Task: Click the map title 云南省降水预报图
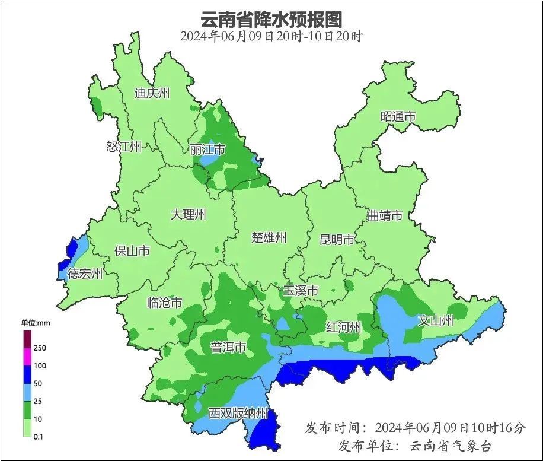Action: click(271, 19)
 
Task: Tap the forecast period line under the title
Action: click(271, 36)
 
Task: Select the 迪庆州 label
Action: click(152, 93)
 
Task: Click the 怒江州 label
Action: click(124, 147)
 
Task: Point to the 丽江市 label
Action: click(207, 150)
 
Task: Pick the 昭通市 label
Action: click(398, 117)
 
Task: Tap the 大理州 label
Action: click(188, 214)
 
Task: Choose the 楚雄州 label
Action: click(269, 238)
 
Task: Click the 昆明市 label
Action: click(337, 240)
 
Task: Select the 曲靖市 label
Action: click(385, 215)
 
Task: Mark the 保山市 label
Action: click(132, 251)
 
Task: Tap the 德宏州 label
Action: click(85, 274)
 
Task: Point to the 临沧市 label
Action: click(164, 303)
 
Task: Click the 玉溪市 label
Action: click(301, 291)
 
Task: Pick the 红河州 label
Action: click(344, 327)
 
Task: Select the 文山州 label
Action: click(436, 321)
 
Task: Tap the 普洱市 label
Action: click(228, 348)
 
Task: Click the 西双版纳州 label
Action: click(238, 413)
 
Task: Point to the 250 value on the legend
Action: click(40, 348)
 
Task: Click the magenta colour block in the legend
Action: click(27, 357)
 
